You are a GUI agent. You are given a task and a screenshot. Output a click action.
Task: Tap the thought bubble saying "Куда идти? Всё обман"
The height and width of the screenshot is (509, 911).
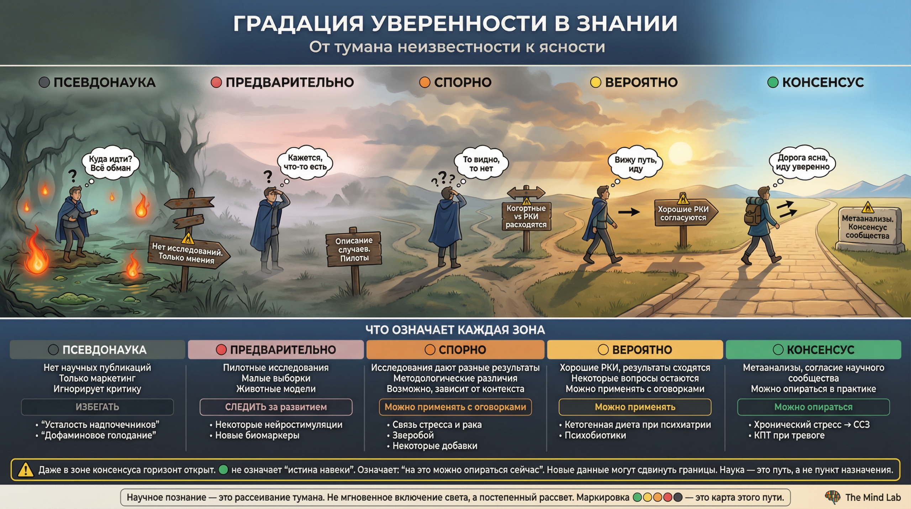(x=110, y=163)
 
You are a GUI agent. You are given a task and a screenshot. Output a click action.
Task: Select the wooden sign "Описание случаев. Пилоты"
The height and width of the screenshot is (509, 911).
(x=354, y=249)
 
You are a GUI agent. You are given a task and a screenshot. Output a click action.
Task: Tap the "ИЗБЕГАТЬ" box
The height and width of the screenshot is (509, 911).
(x=97, y=407)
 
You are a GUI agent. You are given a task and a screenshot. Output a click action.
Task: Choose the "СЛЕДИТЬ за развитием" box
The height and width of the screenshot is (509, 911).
(x=276, y=407)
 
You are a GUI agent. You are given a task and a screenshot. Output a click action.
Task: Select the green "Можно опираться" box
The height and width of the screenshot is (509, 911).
(x=813, y=407)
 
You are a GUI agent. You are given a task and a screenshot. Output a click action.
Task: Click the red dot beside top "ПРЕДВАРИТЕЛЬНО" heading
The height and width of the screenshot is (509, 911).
(x=216, y=82)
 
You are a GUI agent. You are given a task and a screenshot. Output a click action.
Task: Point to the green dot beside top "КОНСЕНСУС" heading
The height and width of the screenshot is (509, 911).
(x=773, y=82)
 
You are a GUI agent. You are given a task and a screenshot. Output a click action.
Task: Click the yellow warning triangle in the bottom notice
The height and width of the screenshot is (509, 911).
(x=26, y=469)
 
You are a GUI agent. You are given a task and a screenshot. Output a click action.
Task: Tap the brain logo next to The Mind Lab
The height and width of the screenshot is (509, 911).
(x=832, y=497)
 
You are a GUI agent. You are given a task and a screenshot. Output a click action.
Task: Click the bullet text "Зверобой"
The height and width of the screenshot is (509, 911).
(x=413, y=435)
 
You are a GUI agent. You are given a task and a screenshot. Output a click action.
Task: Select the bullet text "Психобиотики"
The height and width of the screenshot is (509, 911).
(x=595, y=435)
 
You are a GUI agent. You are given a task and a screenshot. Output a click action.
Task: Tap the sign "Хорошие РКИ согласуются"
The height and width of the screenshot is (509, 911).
(x=683, y=213)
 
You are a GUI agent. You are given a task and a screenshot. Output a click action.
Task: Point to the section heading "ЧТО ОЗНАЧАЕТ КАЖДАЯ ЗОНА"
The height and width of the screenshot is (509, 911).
(x=455, y=330)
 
